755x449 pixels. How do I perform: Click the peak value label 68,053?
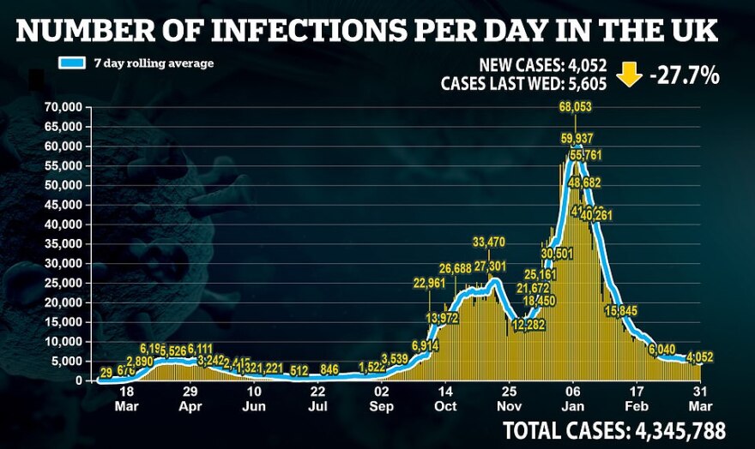(x=575, y=107)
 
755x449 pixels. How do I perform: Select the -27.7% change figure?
(x=685, y=75)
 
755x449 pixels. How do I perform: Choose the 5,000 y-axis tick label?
(x=69, y=361)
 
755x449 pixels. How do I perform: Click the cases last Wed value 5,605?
(x=585, y=84)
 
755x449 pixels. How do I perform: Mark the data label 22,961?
(x=431, y=284)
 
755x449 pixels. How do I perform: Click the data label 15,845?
(x=620, y=311)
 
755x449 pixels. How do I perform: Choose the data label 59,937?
(x=577, y=138)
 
